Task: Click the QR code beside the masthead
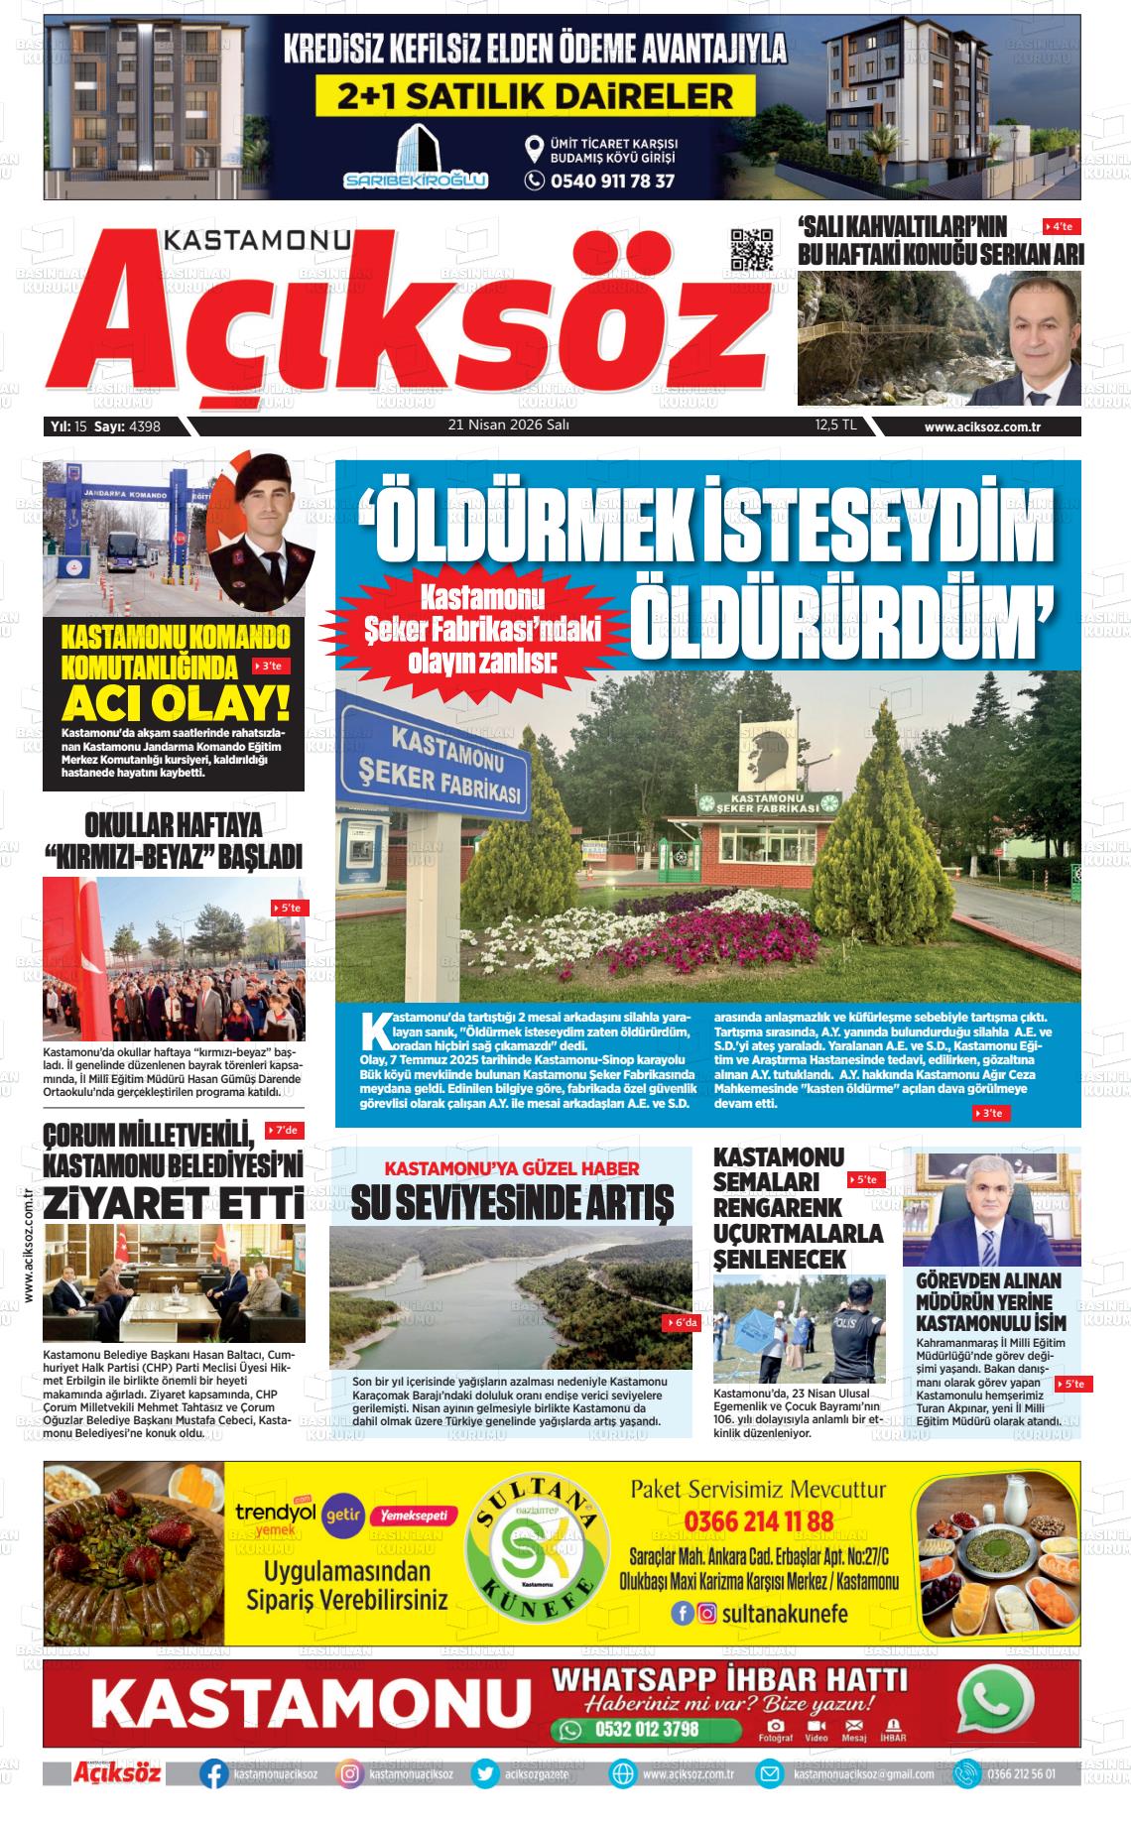coord(751,250)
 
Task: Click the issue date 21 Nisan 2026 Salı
coord(508,425)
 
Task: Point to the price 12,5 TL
coord(835,425)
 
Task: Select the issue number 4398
coord(144,427)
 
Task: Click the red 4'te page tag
coord(1062,227)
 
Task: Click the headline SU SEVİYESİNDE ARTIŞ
coord(511,1201)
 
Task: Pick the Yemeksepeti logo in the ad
coord(413,1516)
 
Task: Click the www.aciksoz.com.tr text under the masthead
coord(987,427)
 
